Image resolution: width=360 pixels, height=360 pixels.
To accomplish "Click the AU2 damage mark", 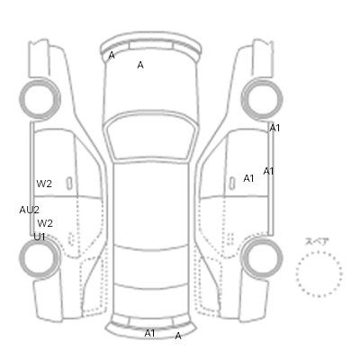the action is pyautogui.click(x=30, y=210).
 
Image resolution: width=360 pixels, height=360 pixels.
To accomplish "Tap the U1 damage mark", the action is pyautogui.click(x=40, y=237).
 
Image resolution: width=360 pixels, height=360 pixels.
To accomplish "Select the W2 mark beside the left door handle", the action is pyautogui.click(x=44, y=184).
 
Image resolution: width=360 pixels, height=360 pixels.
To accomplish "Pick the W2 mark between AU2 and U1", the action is pyautogui.click(x=45, y=223).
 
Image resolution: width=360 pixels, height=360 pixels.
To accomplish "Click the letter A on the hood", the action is pyautogui.click(x=140, y=65).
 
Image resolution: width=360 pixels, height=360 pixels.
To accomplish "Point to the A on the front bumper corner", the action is pyautogui.click(x=112, y=55).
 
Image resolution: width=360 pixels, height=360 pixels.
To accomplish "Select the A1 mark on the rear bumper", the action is pyautogui.click(x=149, y=333).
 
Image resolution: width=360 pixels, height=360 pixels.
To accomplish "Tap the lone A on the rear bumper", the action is pyautogui.click(x=178, y=336).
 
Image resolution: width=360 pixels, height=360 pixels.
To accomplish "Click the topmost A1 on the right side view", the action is pyautogui.click(x=274, y=128).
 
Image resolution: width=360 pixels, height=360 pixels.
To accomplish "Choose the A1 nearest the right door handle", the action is pyautogui.click(x=248, y=178).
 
